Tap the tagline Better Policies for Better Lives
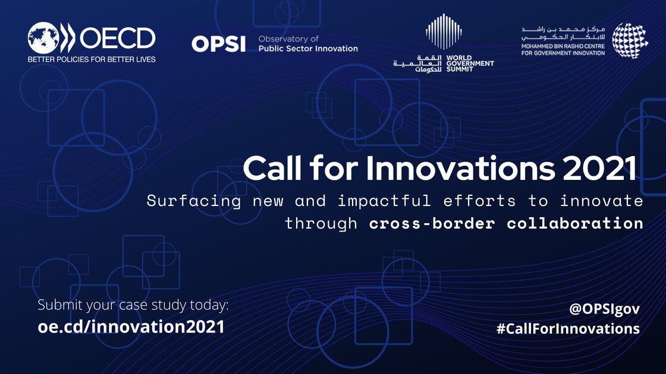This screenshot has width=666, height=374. click(x=92, y=59)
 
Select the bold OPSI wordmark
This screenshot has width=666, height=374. click(x=218, y=44)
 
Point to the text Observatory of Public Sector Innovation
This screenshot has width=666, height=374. click(x=308, y=43)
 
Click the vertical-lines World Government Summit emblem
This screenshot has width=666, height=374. click(x=444, y=33)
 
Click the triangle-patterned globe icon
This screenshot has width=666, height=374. click(x=630, y=40)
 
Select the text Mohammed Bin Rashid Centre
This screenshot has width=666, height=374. click(x=563, y=46)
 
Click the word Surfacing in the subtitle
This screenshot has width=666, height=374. click(x=194, y=201)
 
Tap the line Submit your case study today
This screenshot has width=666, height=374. click(x=133, y=306)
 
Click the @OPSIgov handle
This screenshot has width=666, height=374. click(x=604, y=309)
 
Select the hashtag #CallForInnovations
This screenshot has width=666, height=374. click(x=568, y=328)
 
